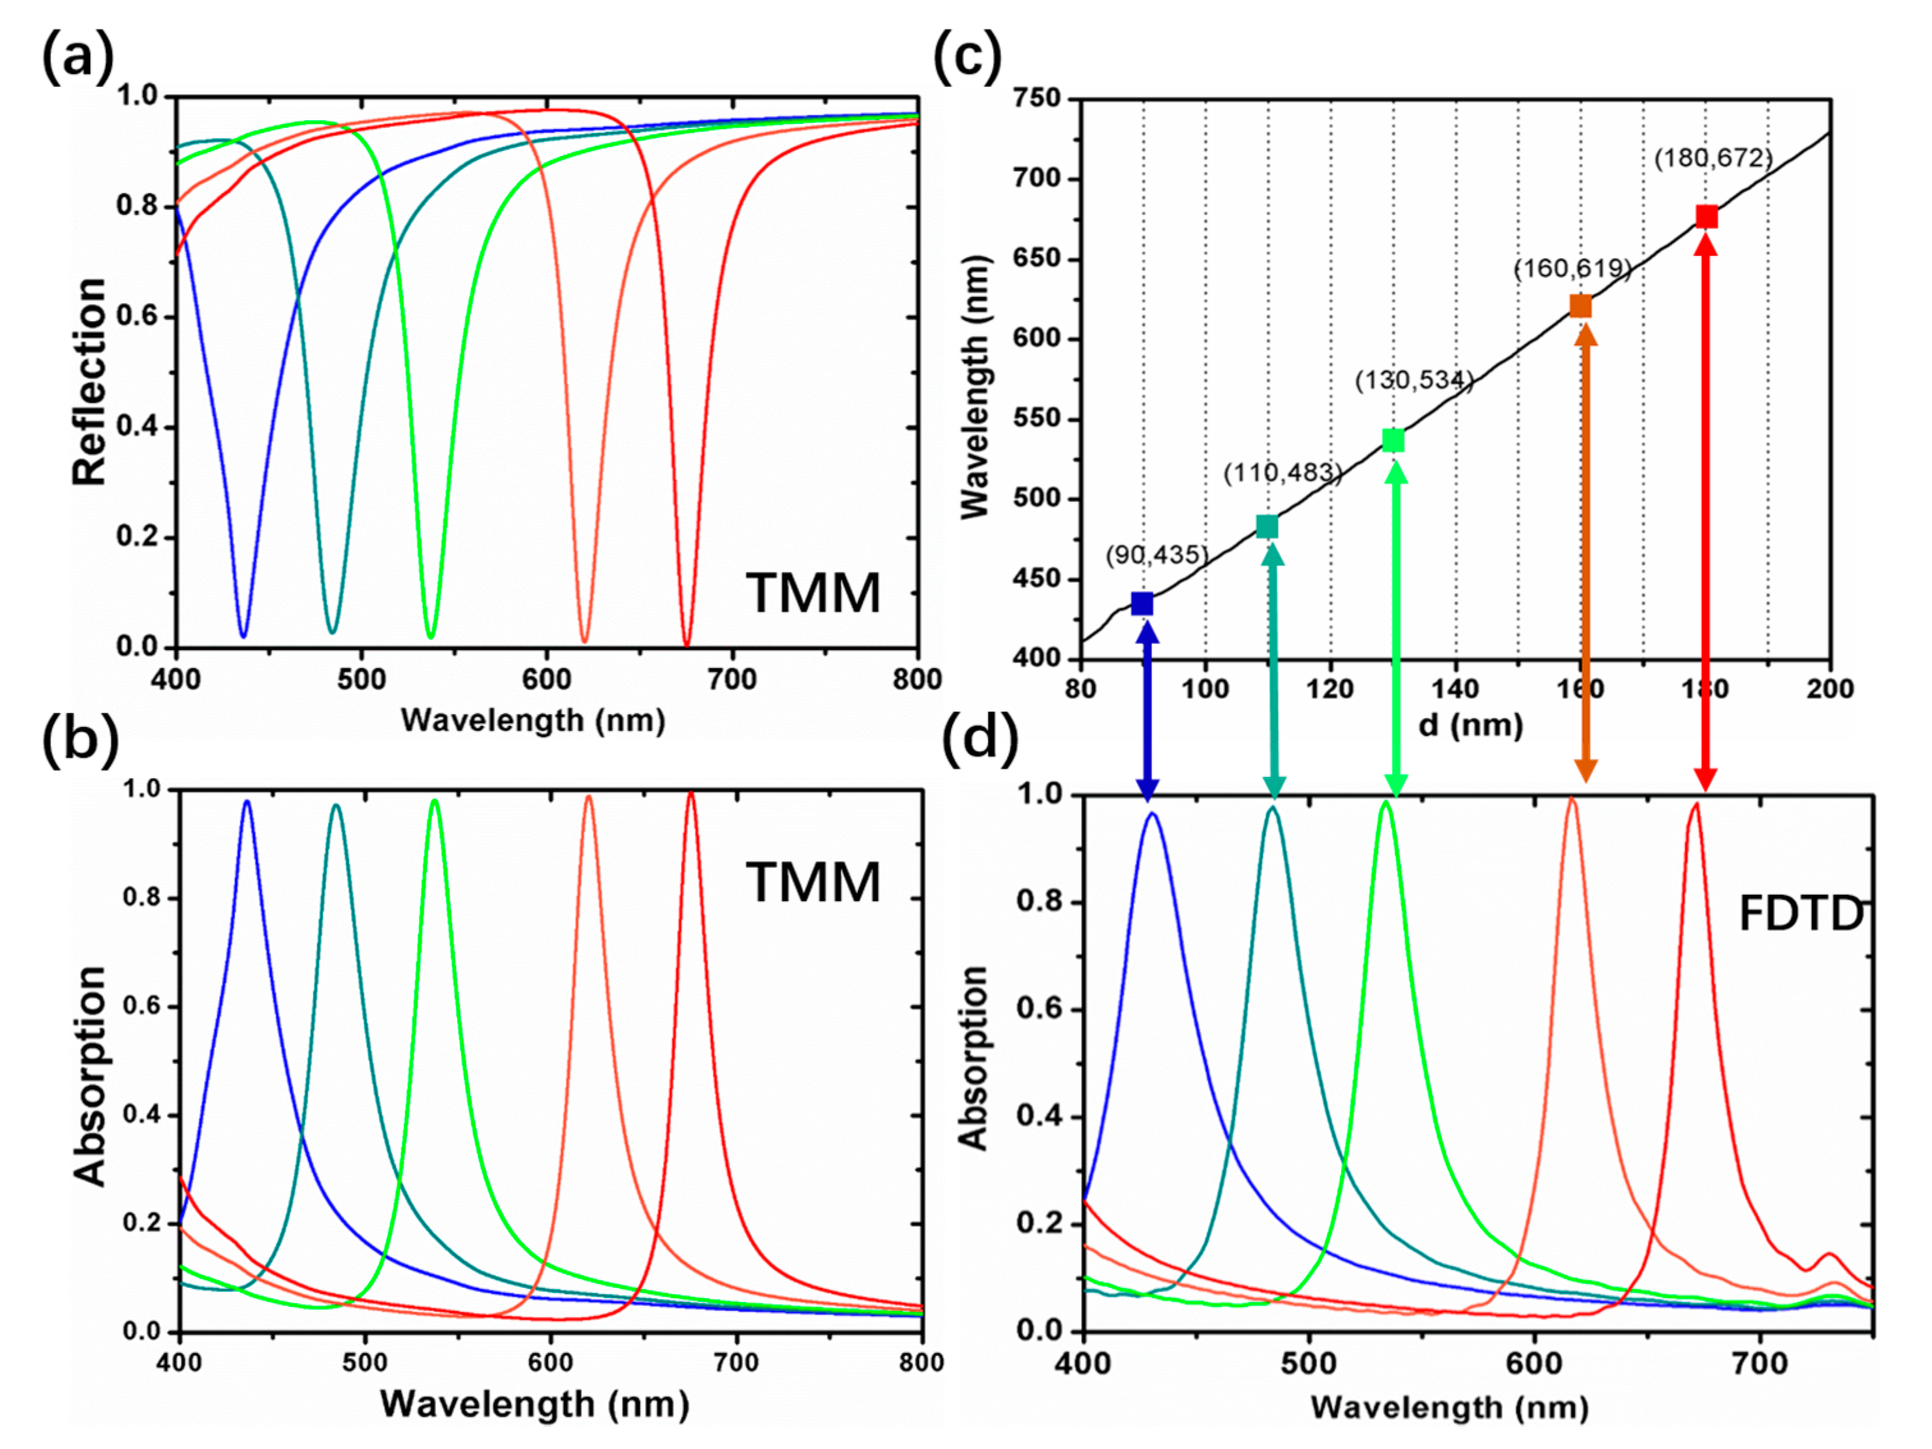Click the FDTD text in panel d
tap(1801, 914)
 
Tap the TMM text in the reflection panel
tap(813, 594)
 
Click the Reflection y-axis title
tap(89, 382)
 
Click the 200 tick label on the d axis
tap(1829, 689)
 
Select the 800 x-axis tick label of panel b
tap(921, 1363)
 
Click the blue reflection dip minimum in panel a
tap(243, 635)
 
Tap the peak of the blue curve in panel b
tap(247, 801)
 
